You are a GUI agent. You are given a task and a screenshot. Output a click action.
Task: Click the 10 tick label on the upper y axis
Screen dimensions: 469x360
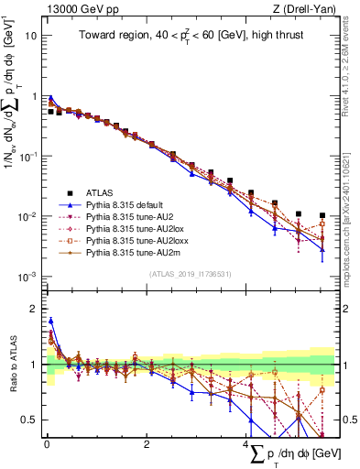pos(31,36)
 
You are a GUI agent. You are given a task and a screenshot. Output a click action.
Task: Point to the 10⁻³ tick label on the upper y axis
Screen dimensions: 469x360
pos(28,277)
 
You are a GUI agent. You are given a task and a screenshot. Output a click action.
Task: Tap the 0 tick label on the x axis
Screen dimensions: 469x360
pos(46,445)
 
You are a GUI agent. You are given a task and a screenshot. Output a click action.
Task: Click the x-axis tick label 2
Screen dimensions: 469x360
pos(147,445)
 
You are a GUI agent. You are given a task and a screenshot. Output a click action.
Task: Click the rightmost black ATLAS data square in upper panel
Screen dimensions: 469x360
pos(322,216)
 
